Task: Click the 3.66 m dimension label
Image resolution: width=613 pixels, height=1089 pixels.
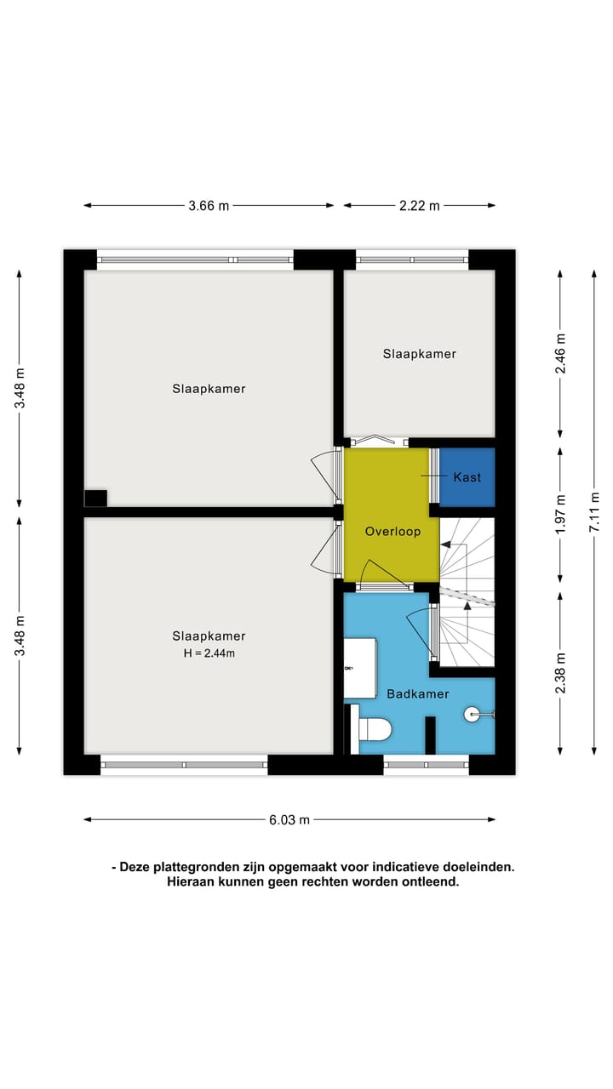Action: coord(209,205)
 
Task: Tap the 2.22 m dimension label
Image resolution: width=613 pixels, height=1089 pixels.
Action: coord(419,205)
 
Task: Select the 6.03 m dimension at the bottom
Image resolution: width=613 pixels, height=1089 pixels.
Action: coord(289,820)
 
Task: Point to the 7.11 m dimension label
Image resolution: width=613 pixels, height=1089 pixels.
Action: coord(593,511)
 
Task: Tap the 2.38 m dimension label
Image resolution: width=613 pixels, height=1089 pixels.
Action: coord(560,673)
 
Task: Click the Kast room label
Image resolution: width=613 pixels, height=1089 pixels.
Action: coord(467,476)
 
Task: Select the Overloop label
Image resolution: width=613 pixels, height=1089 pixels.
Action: coord(392,532)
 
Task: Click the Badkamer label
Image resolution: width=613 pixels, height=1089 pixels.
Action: coord(417,694)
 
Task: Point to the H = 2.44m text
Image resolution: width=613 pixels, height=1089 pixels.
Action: coord(209,653)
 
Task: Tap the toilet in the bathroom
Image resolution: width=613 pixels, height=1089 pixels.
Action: coord(375,729)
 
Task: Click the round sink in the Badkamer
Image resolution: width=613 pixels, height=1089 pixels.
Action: coord(473,715)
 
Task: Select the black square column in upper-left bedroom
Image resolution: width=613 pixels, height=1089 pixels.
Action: coord(95,499)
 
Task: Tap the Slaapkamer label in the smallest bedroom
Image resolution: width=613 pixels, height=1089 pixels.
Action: coord(419,354)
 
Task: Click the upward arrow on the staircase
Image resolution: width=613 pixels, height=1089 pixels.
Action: coord(466,601)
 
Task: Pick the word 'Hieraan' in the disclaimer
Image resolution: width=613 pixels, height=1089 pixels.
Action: coord(190,882)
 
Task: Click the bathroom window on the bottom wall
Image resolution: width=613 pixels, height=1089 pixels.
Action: coord(426,765)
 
